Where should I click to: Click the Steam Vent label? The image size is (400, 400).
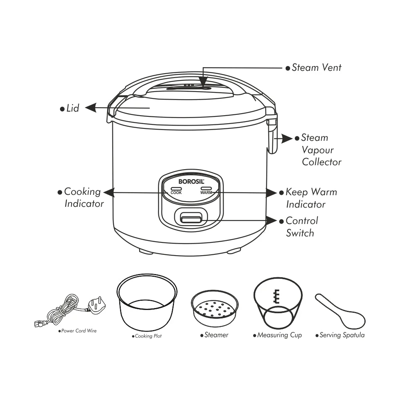316,67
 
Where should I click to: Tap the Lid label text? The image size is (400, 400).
73,108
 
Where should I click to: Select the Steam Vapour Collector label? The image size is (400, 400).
321,150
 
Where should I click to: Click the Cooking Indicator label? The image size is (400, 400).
84,197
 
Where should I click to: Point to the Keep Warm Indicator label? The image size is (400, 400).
311,198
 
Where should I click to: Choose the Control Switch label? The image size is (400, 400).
302,226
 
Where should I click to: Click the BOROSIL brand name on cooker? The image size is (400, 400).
191,181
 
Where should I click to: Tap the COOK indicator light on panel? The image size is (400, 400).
176,188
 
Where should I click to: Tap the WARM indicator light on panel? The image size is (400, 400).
206,188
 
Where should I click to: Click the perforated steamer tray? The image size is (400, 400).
214,308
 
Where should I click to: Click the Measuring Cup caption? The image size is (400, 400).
279,335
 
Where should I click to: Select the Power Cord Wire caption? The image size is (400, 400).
78,331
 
